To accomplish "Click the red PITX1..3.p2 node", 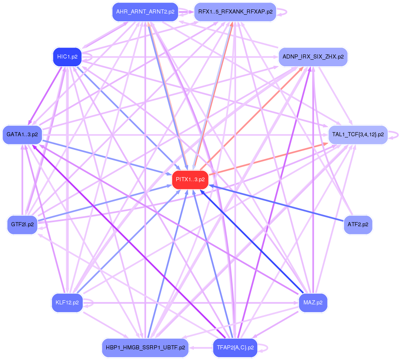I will pos(190,180).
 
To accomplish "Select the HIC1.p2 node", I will pos(67,57).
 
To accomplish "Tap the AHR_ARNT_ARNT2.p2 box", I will pos(145,12).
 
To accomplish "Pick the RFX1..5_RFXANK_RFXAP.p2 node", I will pos(235,12).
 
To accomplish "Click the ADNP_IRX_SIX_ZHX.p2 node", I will pos(313,56).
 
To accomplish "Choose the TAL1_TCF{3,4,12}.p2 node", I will pos(358,135).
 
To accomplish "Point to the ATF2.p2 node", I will pos(358,225).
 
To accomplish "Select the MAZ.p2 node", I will pos(313,303).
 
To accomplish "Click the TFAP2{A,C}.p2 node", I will pos(235,348).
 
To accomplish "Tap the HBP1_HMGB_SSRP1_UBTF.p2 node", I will pos(145,348).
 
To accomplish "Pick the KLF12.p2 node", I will pos(67,303).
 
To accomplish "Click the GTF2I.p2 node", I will pos(22,225).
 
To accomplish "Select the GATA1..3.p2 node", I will pos(22,135).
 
